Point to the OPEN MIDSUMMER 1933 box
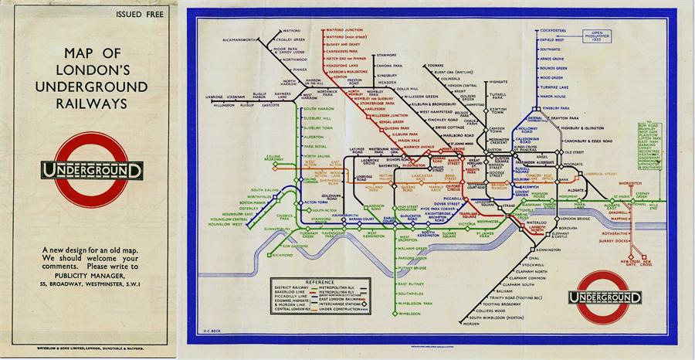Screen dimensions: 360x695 tap(600, 36)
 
